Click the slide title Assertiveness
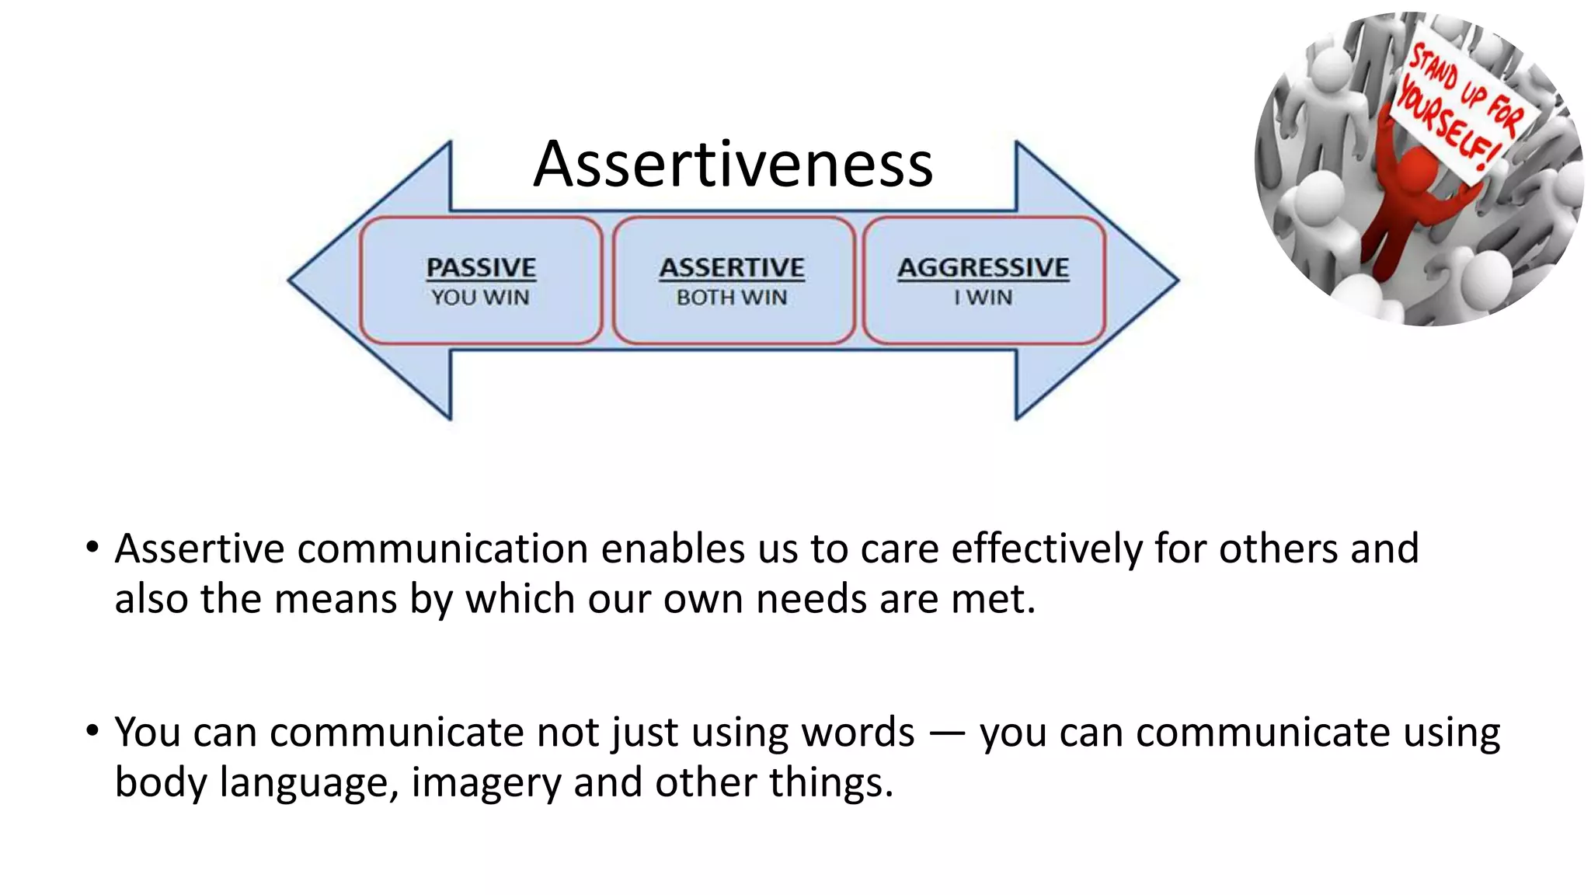click(733, 164)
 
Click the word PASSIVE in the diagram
click(481, 267)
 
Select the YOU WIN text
click(480, 298)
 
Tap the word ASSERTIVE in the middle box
click(732, 267)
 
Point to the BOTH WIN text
click(732, 298)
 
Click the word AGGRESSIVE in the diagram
click(983, 267)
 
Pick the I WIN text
click(983, 298)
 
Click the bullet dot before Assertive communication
click(92, 548)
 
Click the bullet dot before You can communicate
click(92, 731)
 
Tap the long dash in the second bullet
click(947, 733)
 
